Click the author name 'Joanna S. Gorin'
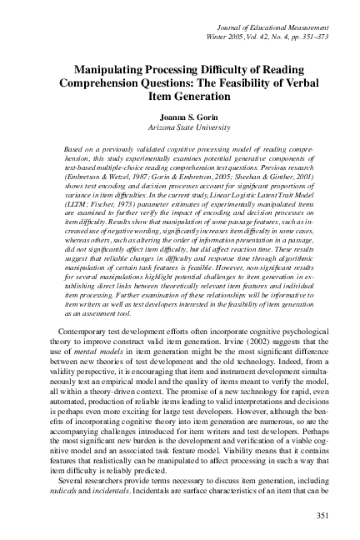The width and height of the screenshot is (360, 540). (x=180, y=118)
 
